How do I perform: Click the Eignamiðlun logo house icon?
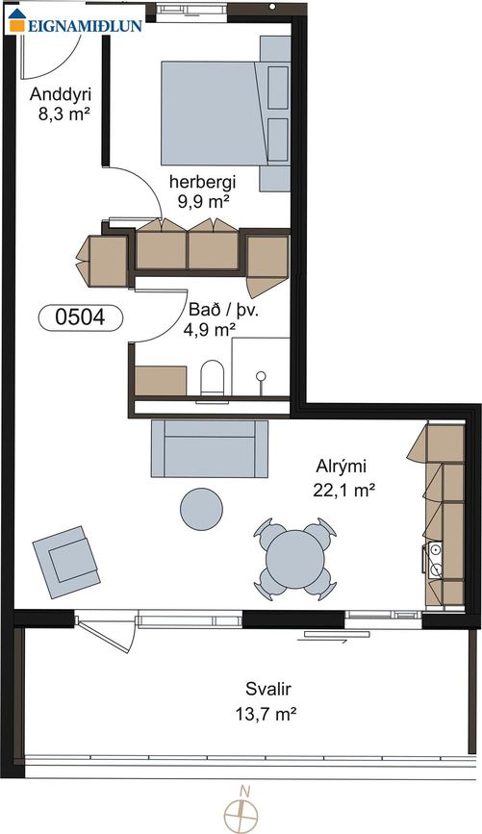(16, 21)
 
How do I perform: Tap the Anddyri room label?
(61, 94)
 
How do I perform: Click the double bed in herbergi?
(225, 113)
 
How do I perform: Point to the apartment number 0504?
(81, 317)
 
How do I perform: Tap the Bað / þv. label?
(223, 311)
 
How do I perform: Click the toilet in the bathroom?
(213, 379)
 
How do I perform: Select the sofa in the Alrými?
(210, 448)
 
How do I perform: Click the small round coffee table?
(201, 509)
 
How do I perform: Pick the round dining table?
(294, 559)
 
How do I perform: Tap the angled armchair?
(66, 562)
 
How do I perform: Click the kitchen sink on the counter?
(435, 560)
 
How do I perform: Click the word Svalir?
(268, 690)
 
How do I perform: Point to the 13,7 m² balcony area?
(266, 713)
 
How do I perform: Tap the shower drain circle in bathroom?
(261, 376)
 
